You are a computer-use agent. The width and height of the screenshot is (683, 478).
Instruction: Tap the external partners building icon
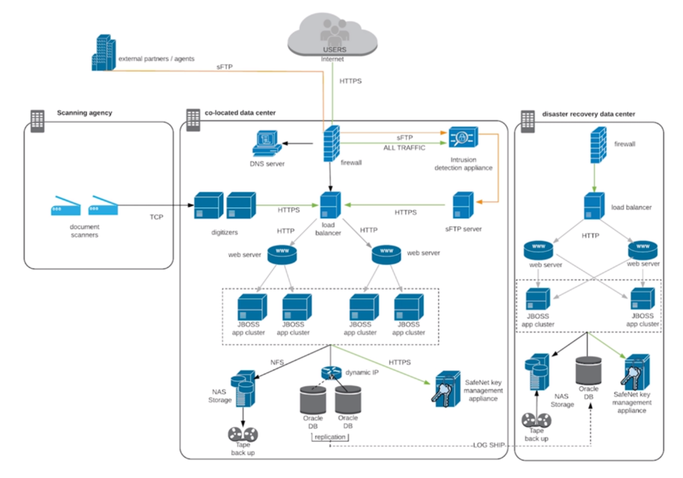point(104,53)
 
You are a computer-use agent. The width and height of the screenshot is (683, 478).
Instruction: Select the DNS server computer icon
point(267,143)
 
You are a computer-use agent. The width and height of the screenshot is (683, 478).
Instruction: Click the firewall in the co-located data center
point(331,144)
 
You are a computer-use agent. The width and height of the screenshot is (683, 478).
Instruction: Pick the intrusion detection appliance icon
point(463,137)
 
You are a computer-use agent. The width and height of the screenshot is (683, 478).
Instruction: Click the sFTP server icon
point(463,205)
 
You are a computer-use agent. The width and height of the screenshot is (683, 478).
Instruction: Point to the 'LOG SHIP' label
point(489,445)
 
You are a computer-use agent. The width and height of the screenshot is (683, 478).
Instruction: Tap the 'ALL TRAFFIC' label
point(404,148)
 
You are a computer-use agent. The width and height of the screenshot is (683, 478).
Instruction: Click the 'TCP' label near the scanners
point(156,217)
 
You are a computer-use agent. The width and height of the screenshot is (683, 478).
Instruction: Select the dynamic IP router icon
point(331,373)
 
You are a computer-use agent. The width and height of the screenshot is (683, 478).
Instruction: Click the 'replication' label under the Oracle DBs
point(330,437)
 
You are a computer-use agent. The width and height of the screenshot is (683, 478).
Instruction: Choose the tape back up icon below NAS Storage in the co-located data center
point(243,434)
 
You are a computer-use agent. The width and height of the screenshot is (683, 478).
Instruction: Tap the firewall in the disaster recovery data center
point(598,145)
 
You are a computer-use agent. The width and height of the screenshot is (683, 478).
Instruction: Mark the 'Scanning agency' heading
point(85,113)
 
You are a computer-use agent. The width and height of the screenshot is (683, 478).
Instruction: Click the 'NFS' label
point(277,362)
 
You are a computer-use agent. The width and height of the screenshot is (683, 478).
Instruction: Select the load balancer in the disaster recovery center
point(594,206)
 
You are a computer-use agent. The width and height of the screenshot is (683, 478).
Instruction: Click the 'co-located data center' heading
point(240,113)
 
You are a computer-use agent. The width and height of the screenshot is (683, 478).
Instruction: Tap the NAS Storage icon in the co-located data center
point(243,388)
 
